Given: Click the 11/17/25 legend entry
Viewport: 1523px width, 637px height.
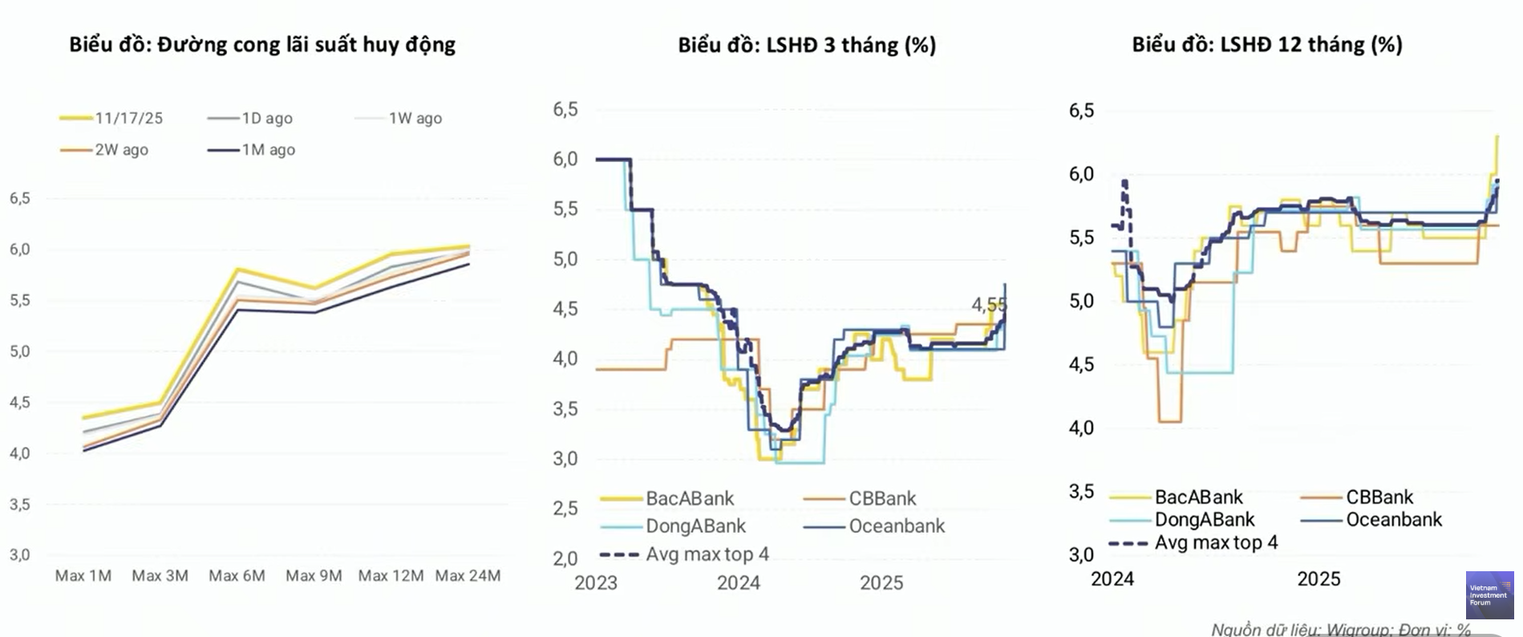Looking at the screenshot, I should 128,118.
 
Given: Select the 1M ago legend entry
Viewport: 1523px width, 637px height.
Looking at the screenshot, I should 268,150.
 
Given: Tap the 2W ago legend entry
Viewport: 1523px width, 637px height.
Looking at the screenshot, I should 121,150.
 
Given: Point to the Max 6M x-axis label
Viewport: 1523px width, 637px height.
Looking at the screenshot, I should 237,576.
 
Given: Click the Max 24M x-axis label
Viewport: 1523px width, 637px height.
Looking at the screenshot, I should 468,576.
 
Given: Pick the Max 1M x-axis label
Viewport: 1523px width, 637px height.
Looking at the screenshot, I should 83,576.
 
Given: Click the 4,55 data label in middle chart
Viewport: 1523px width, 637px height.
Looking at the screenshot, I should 988,305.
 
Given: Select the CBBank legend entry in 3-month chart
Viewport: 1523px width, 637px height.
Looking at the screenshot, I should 882,498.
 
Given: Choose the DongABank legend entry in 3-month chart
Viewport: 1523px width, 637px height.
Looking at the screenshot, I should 695,526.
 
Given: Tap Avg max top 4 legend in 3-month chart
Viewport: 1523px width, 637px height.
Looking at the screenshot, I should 707,554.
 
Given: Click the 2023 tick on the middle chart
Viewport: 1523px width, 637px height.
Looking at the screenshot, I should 596,583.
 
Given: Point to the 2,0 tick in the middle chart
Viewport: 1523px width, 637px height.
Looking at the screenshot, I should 565,558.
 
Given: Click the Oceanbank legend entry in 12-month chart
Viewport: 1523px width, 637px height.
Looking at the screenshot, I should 1393,520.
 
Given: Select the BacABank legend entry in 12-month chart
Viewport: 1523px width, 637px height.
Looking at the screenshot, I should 1198,497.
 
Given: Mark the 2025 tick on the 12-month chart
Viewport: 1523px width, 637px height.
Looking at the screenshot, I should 1318,579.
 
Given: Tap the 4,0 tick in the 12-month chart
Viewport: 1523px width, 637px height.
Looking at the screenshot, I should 1081,428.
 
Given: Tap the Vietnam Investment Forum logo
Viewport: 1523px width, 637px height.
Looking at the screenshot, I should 1489,594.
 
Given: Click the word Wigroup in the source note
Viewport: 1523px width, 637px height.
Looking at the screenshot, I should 1355,630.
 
